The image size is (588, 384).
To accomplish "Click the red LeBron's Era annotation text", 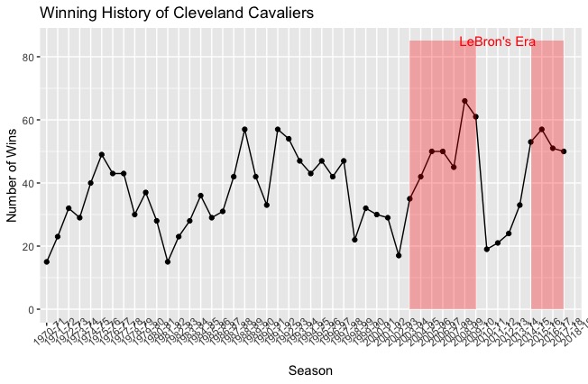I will pos(497,41).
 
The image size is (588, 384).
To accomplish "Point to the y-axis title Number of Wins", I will pos(13,169).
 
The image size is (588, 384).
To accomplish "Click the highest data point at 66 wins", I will pos(464,101).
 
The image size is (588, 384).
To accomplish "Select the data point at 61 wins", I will pos(475,117).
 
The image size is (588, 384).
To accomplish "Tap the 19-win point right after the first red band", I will pos(487,249).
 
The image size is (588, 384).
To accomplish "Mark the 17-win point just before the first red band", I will pos(399,255).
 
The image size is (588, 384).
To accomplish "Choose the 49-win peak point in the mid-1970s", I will pos(102,155).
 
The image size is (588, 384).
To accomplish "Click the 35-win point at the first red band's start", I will pos(409,198).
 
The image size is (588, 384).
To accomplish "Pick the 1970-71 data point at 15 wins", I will pos(47,261).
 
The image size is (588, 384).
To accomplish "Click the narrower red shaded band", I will pos(547,225).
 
